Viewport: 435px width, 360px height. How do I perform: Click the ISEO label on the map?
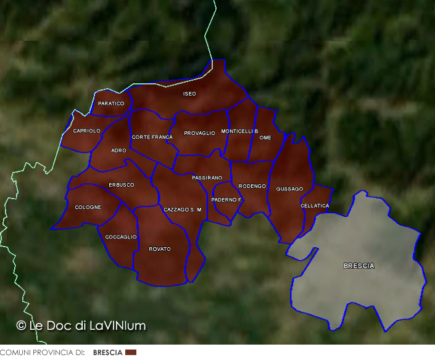click(189, 94)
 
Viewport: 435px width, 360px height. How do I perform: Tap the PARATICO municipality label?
click(111, 104)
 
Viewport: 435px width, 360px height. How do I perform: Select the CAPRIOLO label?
click(86, 131)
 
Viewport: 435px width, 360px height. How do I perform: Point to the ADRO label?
click(118, 150)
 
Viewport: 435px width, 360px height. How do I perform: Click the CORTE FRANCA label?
click(152, 137)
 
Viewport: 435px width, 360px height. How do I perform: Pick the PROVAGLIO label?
click(199, 134)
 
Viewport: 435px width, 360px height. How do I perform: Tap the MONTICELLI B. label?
click(239, 131)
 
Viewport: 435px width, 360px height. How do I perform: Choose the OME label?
click(265, 138)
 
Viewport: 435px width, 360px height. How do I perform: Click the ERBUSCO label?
click(121, 185)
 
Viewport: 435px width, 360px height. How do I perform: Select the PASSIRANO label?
click(207, 178)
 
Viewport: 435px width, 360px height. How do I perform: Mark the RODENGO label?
click(252, 186)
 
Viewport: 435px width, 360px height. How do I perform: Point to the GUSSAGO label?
click(289, 189)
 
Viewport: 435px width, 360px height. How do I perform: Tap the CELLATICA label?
click(315, 206)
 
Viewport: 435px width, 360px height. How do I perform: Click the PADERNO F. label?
click(227, 200)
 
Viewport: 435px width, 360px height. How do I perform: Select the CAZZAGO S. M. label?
click(183, 210)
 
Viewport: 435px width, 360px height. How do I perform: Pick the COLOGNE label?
click(88, 208)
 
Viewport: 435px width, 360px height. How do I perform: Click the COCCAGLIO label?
click(121, 237)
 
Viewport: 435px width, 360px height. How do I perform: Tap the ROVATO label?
click(160, 250)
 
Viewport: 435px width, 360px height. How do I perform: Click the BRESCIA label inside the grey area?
click(358, 266)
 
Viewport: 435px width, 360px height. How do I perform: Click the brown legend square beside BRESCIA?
click(130, 353)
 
